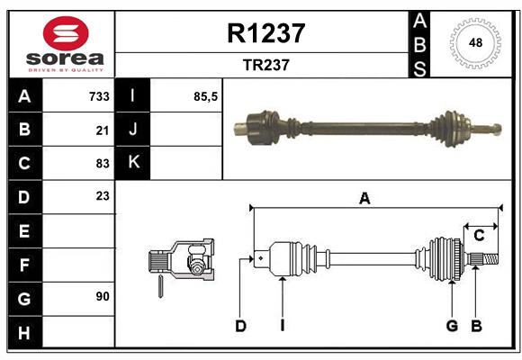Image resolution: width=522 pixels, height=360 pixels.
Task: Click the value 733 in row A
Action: (98, 95)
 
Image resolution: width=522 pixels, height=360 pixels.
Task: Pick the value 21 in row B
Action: (102, 130)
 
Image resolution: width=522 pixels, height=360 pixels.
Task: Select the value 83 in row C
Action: (102, 163)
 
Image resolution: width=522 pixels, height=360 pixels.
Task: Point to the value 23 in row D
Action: (102, 195)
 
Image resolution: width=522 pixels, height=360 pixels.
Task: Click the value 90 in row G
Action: (102, 295)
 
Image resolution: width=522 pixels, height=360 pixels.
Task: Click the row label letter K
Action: (133, 163)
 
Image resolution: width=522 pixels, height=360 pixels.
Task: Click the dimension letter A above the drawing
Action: (364, 199)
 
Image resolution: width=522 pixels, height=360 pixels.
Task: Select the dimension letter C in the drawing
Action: (479, 235)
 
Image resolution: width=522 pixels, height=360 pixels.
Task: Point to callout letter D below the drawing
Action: (240, 326)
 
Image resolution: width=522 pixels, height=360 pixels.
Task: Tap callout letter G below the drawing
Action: (452, 326)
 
